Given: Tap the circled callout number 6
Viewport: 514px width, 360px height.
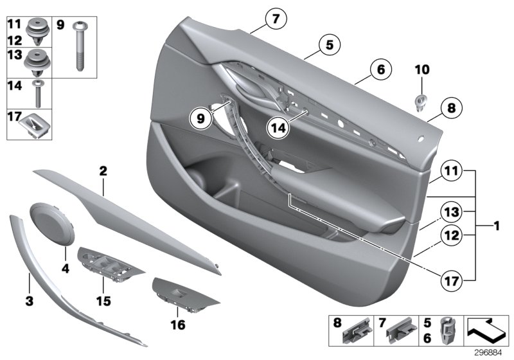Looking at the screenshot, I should tap(380, 71).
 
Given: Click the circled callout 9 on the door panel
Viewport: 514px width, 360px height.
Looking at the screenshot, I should tap(200, 118).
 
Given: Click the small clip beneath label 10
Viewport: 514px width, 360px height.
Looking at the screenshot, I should tap(421, 102).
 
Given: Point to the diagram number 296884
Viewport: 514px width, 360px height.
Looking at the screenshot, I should tap(491, 352).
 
